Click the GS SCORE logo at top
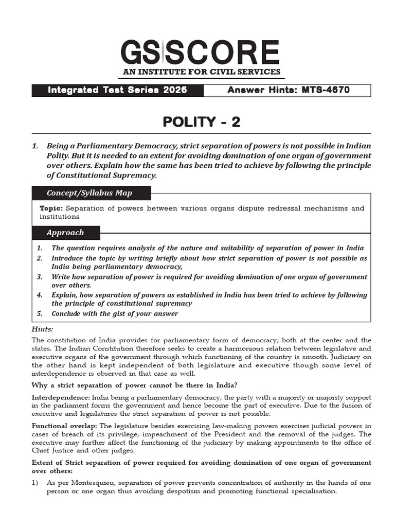coord(201,52)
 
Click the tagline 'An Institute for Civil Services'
coord(201,72)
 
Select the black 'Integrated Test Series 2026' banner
coord(117,91)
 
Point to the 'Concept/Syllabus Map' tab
coord(89,193)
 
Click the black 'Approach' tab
coord(65,233)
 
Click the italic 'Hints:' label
coord(43,329)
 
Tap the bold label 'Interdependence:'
coord(61,398)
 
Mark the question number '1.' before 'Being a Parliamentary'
coord(35,146)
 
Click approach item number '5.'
coord(40,313)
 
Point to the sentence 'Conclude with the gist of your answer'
coord(115,313)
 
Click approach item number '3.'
coord(40,277)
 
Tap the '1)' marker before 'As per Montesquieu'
coord(35,483)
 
